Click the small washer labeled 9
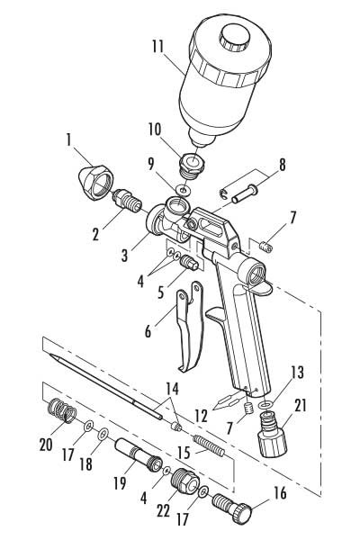(181, 191)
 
